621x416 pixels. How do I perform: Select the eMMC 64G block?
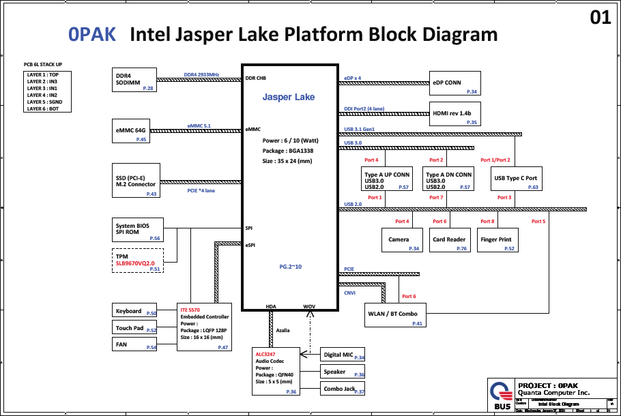coord(131,131)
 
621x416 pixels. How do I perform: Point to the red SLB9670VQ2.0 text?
coord(135,263)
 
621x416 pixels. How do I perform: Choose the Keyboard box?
coord(134,311)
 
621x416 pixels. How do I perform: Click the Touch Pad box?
coord(134,328)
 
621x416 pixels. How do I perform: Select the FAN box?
coord(134,345)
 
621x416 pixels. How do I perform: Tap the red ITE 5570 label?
coord(190,310)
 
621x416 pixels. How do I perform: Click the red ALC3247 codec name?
coord(266,354)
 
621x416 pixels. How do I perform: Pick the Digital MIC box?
coord(343,355)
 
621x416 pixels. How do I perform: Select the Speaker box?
coord(343,372)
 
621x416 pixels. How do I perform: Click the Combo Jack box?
coord(343,389)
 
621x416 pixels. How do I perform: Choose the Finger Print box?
coord(496,240)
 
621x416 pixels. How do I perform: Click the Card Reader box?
coord(449,240)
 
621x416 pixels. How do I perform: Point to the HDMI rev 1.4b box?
coord(454,114)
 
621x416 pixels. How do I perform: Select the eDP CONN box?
coord(454,83)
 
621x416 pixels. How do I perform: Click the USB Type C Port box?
coord(516,179)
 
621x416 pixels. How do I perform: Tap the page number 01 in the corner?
coord(600,18)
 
